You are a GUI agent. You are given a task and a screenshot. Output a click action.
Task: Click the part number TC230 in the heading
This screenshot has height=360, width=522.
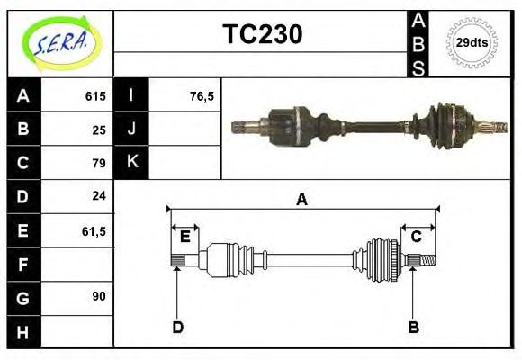click(262, 34)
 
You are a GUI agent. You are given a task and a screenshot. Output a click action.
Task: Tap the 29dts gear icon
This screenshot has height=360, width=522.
click(472, 42)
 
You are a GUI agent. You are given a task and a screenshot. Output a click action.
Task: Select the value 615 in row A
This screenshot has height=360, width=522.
click(94, 96)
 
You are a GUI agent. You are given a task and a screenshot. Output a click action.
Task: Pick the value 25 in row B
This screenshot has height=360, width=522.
click(99, 130)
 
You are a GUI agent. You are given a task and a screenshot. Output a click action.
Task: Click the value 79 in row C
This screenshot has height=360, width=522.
click(99, 163)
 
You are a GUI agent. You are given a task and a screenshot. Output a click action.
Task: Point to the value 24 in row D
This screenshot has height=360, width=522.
click(99, 195)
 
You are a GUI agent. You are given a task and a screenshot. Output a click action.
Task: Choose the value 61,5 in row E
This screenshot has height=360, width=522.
click(94, 231)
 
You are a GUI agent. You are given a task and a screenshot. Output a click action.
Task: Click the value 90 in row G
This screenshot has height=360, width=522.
click(99, 296)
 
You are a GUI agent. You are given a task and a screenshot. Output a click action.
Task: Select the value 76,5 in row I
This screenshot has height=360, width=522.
click(202, 96)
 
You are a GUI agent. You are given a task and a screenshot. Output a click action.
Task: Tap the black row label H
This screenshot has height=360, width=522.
click(23, 331)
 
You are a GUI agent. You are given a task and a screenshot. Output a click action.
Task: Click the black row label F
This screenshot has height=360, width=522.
click(23, 265)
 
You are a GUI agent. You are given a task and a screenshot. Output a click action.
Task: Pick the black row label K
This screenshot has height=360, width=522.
click(131, 162)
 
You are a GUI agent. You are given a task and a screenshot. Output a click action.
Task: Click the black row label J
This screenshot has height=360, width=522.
click(131, 129)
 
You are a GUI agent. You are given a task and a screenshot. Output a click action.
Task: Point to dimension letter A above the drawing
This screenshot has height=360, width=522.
click(302, 200)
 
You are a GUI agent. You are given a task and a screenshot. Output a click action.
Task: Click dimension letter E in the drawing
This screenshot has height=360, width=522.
click(184, 237)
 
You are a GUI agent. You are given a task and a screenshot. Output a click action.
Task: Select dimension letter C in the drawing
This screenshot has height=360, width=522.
click(417, 237)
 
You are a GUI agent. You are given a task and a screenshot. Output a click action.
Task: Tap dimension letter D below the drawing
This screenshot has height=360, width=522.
click(177, 327)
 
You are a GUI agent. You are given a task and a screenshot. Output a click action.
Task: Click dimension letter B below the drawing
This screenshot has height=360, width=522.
click(413, 327)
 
